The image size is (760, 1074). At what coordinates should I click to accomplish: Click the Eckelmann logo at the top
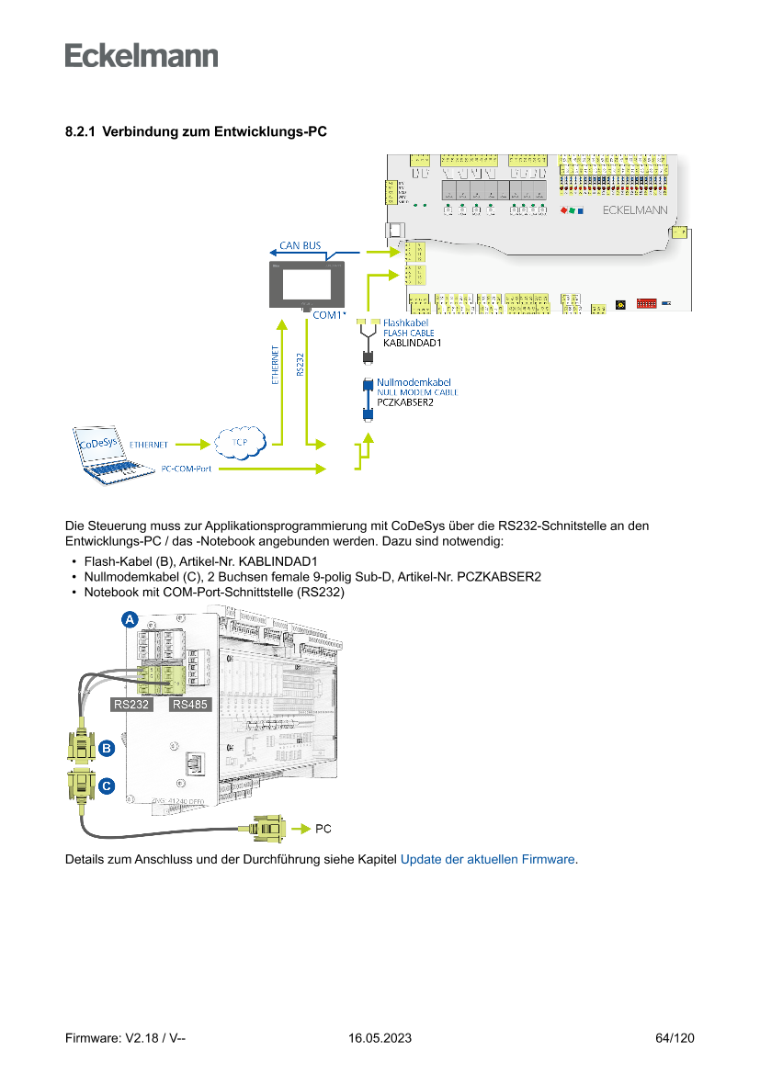point(142,55)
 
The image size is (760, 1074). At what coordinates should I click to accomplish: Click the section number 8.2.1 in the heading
point(80,132)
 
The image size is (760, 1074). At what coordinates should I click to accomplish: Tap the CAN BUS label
point(301,245)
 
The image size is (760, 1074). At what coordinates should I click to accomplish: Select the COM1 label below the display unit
point(328,315)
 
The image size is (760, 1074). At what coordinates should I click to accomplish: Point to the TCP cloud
point(239,443)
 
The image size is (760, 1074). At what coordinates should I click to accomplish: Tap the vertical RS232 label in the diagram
point(301,365)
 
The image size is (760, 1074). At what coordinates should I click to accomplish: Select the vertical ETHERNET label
point(276,366)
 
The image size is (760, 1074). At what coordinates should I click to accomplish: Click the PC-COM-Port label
point(187,469)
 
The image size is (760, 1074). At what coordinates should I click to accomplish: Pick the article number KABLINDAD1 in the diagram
point(413,344)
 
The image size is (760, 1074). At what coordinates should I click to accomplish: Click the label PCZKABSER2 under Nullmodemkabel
point(405,401)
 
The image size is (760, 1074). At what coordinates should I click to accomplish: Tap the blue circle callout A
point(130,621)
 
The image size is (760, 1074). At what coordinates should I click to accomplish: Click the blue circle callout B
point(107,749)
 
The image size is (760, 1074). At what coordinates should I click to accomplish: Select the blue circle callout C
point(107,786)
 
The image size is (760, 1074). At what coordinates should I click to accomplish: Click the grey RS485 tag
point(190,705)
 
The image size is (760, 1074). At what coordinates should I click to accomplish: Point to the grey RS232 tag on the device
point(130,705)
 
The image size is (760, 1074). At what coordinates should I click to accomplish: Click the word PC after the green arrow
point(323,829)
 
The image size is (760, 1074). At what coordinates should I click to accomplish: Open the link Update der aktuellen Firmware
point(488,860)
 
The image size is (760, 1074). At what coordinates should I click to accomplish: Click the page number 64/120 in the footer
point(675,1038)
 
